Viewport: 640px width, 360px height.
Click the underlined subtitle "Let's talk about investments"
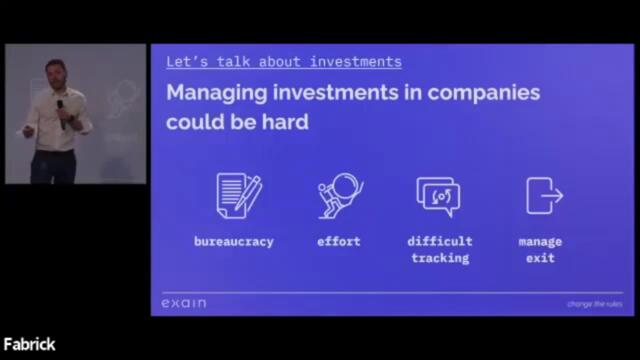tap(284, 62)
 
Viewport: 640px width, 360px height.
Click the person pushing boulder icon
tap(339, 195)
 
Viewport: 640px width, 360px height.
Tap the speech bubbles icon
tap(439, 196)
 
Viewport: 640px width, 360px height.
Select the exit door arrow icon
tap(543, 195)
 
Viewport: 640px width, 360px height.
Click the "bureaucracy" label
tap(234, 242)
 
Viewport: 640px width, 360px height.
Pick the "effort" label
tap(339, 242)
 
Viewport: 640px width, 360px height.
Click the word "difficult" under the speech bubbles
tap(440, 242)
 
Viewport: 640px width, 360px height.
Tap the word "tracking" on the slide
tap(440, 258)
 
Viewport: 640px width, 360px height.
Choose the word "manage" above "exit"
tap(540, 242)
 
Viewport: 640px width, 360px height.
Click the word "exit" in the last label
tap(540, 258)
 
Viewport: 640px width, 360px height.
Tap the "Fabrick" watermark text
tap(29, 345)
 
